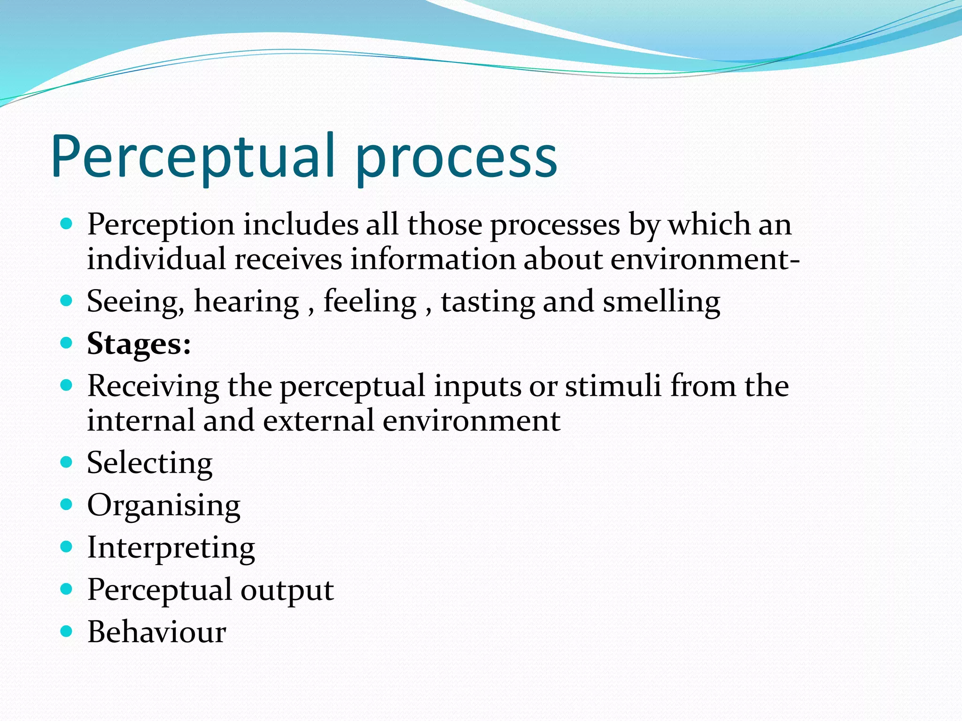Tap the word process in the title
(x=456, y=160)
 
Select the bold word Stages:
(x=139, y=344)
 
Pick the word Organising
(x=164, y=506)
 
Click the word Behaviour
(x=157, y=632)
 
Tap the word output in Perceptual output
(x=287, y=591)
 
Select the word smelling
(x=661, y=302)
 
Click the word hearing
(x=247, y=302)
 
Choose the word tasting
(x=488, y=302)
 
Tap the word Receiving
(x=153, y=387)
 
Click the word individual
(x=156, y=259)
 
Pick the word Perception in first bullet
(x=161, y=225)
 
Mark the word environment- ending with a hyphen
(x=705, y=260)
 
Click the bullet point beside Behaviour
(x=67, y=631)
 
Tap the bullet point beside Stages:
(x=67, y=343)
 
